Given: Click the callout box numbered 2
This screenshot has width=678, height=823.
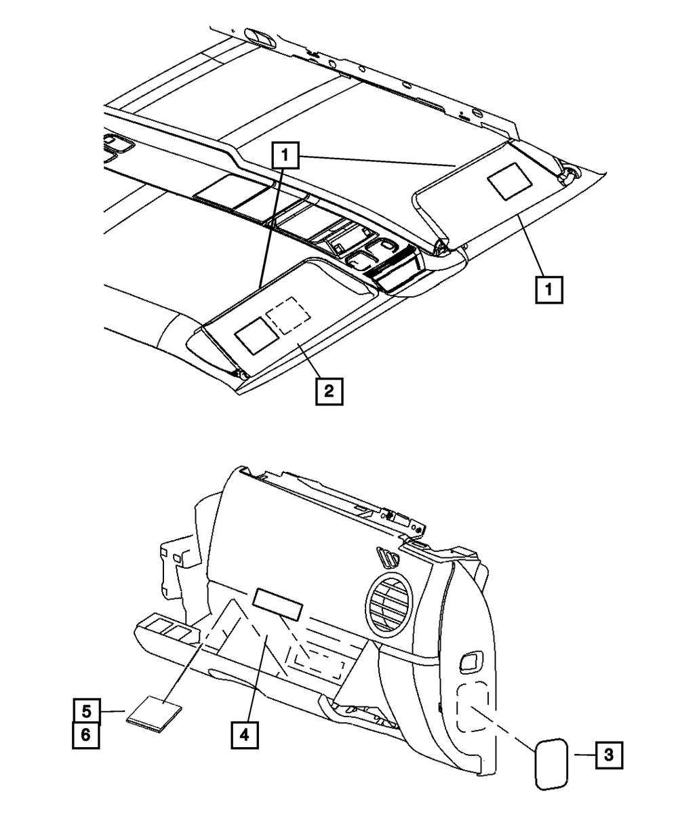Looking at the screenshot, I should point(328,391).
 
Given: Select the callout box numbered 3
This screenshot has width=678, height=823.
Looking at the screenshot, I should point(609,755).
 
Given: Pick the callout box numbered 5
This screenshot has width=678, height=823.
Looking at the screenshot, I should point(87,712).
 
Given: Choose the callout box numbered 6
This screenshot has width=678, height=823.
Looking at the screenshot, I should point(87,736).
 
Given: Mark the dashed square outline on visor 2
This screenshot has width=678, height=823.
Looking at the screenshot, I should point(288,313).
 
